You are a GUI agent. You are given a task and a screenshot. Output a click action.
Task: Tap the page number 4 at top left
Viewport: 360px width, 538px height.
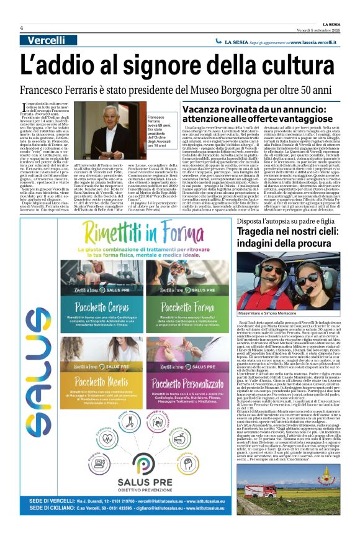point(22,28)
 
